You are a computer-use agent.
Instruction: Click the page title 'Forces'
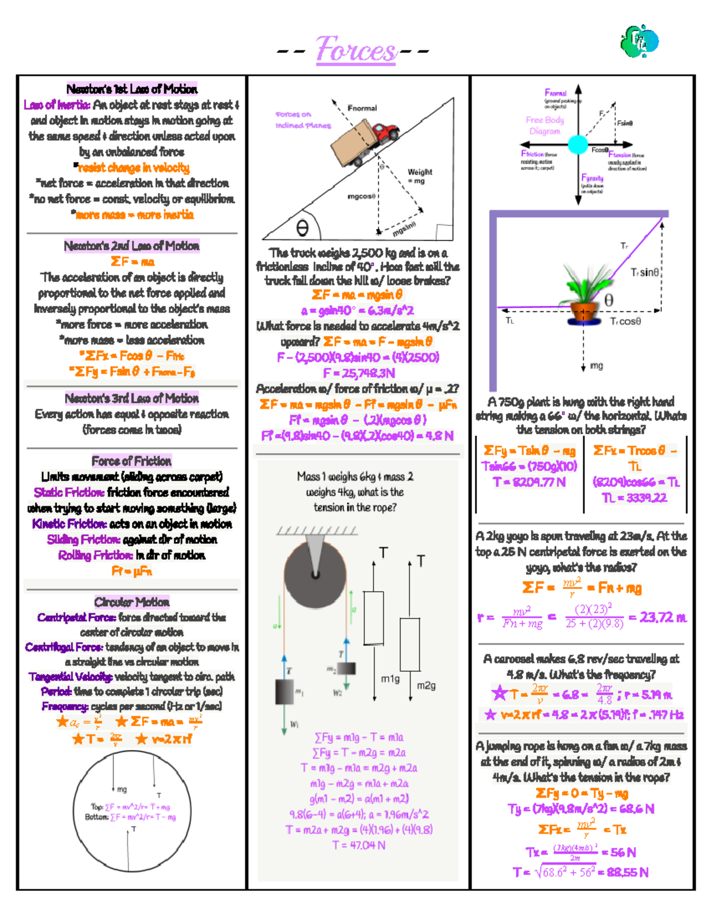point(355,50)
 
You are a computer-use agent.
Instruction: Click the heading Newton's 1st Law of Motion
point(132,89)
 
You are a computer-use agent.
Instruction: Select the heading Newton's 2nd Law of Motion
point(132,246)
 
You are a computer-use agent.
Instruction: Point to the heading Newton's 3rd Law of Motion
point(132,398)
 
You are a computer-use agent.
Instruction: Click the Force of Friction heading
point(132,461)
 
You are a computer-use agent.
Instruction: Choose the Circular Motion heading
point(132,602)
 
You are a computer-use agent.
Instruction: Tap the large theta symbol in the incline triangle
point(302,228)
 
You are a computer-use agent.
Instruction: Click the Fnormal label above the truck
point(362,108)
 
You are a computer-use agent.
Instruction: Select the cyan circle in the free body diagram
point(578,145)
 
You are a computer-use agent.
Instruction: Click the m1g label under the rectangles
point(390,679)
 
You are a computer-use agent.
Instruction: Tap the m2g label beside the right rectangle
point(426,685)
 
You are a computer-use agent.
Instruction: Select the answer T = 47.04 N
point(358,845)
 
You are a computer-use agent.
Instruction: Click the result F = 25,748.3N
point(358,373)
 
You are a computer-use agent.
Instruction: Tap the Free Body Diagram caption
point(545,126)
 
